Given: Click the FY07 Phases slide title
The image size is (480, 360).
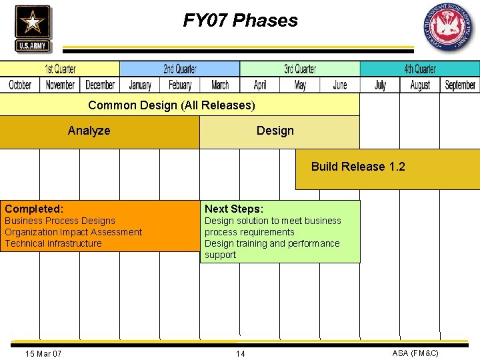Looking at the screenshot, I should (x=241, y=21).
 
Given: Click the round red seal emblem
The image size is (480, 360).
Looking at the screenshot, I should (x=448, y=27).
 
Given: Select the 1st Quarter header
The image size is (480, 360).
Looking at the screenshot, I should (x=60, y=69).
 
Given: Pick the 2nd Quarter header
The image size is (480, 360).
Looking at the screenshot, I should (x=180, y=69).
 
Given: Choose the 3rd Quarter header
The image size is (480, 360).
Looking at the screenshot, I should (x=300, y=69).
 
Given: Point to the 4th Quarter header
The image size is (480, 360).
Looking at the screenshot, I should (x=420, y=69).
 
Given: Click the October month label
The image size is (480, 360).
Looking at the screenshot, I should (x=20, y=85).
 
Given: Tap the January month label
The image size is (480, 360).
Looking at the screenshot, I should (x=140, y=85).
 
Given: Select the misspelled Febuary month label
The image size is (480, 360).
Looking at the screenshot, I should (x=180, y=85).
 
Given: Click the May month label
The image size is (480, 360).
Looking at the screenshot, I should (x=300, y=85).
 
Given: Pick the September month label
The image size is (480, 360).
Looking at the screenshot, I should (x=460, y=85).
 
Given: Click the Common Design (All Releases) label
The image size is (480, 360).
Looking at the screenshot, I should (x=171, y=105).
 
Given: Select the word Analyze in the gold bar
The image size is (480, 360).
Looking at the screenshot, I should (x=89, y=131).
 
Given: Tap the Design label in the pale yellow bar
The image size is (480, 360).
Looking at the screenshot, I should (x=275, y=131).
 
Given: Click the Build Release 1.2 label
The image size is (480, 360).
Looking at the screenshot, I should (x=358, y=167).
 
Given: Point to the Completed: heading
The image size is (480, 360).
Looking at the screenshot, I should (x=34, y=209).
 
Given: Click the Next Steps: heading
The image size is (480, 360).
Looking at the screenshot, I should (x=234, y=209).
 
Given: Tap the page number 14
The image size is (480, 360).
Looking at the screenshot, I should (x=240, y=353).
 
